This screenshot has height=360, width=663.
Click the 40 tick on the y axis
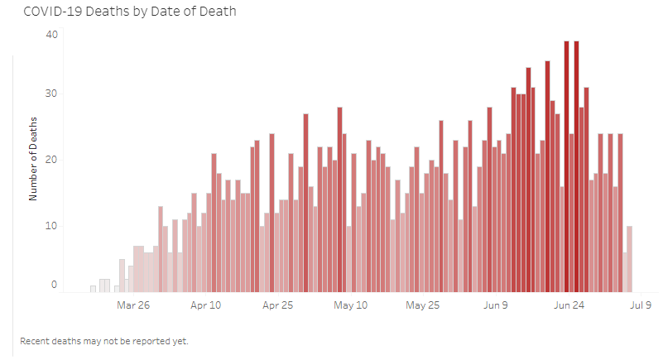click(52, 35)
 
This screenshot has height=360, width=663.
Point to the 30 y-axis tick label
click(52, 94)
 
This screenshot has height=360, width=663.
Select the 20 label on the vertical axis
click(52, 160)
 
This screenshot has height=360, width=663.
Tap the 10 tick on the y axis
click(52, 226)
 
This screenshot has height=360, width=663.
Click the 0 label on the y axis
click(55, 285)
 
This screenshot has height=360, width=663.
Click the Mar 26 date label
click(133, 305)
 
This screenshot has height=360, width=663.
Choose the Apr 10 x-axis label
click(206, 305)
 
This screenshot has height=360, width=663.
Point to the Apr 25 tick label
click(278, 305)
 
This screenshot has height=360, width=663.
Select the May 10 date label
click(351, 305)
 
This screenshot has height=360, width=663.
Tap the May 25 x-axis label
click(423, 305)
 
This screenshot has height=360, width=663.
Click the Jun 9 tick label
click(496, 305)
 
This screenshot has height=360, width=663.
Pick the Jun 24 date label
click(569, 305)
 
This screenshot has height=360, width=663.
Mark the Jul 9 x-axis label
click(641, 305)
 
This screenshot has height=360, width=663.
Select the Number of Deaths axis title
click(34, 160)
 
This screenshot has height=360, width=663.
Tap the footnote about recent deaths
click(104, 341)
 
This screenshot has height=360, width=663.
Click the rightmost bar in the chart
click(630, 258)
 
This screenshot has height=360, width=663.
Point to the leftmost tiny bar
click(93, 289)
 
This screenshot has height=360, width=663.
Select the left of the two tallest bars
click(567, 166)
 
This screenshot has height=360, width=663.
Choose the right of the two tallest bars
click(576, 166)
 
